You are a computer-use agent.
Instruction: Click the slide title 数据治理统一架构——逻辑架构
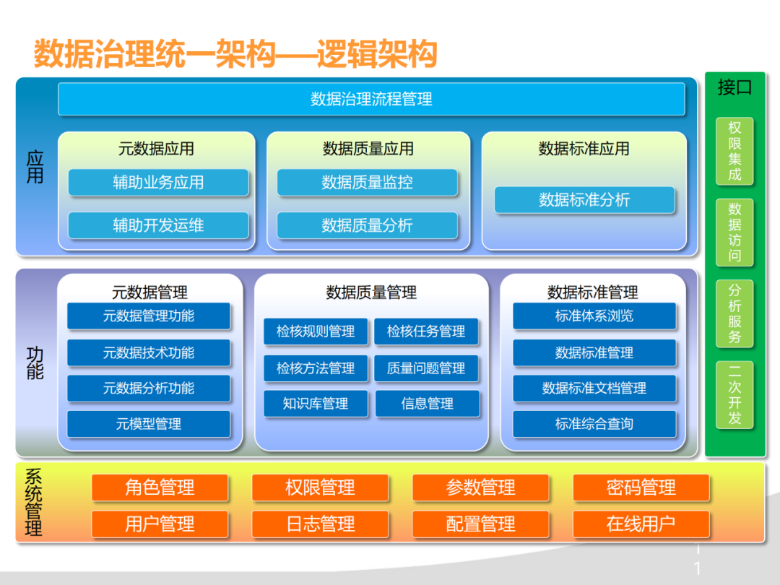click(235, 54)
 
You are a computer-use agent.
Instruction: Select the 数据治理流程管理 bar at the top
click(371, 99)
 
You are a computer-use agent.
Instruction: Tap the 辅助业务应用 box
click(158, 183)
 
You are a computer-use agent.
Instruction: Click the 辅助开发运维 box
click(158, 225)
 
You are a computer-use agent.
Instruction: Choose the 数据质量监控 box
click(367, 183)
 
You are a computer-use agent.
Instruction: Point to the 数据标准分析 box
click(584, 200)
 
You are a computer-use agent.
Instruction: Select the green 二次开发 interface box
click(734, 395)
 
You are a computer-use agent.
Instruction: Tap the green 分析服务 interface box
click(734, 313)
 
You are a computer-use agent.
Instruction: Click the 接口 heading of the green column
click(734, 88)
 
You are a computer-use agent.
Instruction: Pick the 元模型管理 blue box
click(149, 424)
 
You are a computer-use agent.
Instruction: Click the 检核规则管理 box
click(316, 331)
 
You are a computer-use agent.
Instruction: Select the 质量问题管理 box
click(426, 368)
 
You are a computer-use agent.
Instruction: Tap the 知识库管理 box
click(316, 404)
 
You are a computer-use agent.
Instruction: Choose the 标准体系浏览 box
click(594, 316)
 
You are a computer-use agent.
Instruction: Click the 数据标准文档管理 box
click(594, 389)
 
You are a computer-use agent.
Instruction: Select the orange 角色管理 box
click(160, 487)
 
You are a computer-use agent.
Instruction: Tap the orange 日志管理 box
click(320, 524)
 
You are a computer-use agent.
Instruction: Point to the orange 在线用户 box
click(641, 524)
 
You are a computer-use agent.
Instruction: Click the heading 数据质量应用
click(368, 149)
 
